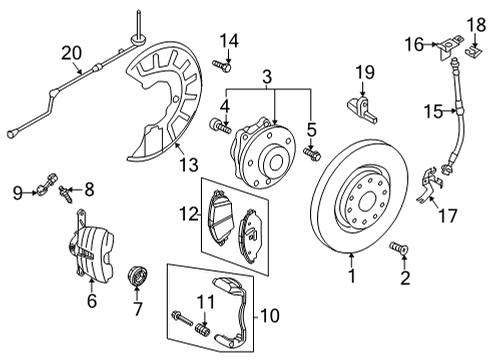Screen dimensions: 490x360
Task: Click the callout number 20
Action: (x=71, y=53)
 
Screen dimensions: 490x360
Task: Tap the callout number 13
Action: (x=189, y=164)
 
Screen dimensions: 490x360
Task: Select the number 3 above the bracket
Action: (x=267, y=77)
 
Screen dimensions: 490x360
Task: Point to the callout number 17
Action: (x=448, y=215)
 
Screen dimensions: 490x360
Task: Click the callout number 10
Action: (x=270, y=315)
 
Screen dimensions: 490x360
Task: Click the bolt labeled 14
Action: (x=222, y=65)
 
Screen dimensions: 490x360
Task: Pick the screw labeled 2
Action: (x=399, y=248)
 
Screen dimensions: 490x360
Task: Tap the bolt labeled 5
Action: (x=312, y=154)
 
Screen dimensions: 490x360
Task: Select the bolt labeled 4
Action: (x=220, y=126)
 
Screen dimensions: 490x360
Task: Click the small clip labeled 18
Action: (x=474, y=50)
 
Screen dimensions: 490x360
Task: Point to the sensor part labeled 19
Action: (x=363, y=109)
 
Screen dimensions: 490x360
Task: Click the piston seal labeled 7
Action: (x=137, y=276)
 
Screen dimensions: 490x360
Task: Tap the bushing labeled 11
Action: (x=203, y=328)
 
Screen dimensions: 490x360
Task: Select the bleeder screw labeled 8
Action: (x=66, y=195)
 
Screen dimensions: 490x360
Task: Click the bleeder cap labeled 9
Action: (x=46, y=185)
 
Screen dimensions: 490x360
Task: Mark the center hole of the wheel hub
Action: (x=276, y=164)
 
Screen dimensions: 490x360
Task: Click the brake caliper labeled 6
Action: (x=91, y=246)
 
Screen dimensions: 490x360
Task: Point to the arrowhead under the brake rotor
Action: (x=351, y=256)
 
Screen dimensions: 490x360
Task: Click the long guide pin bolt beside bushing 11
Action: (x=182, y=318)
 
